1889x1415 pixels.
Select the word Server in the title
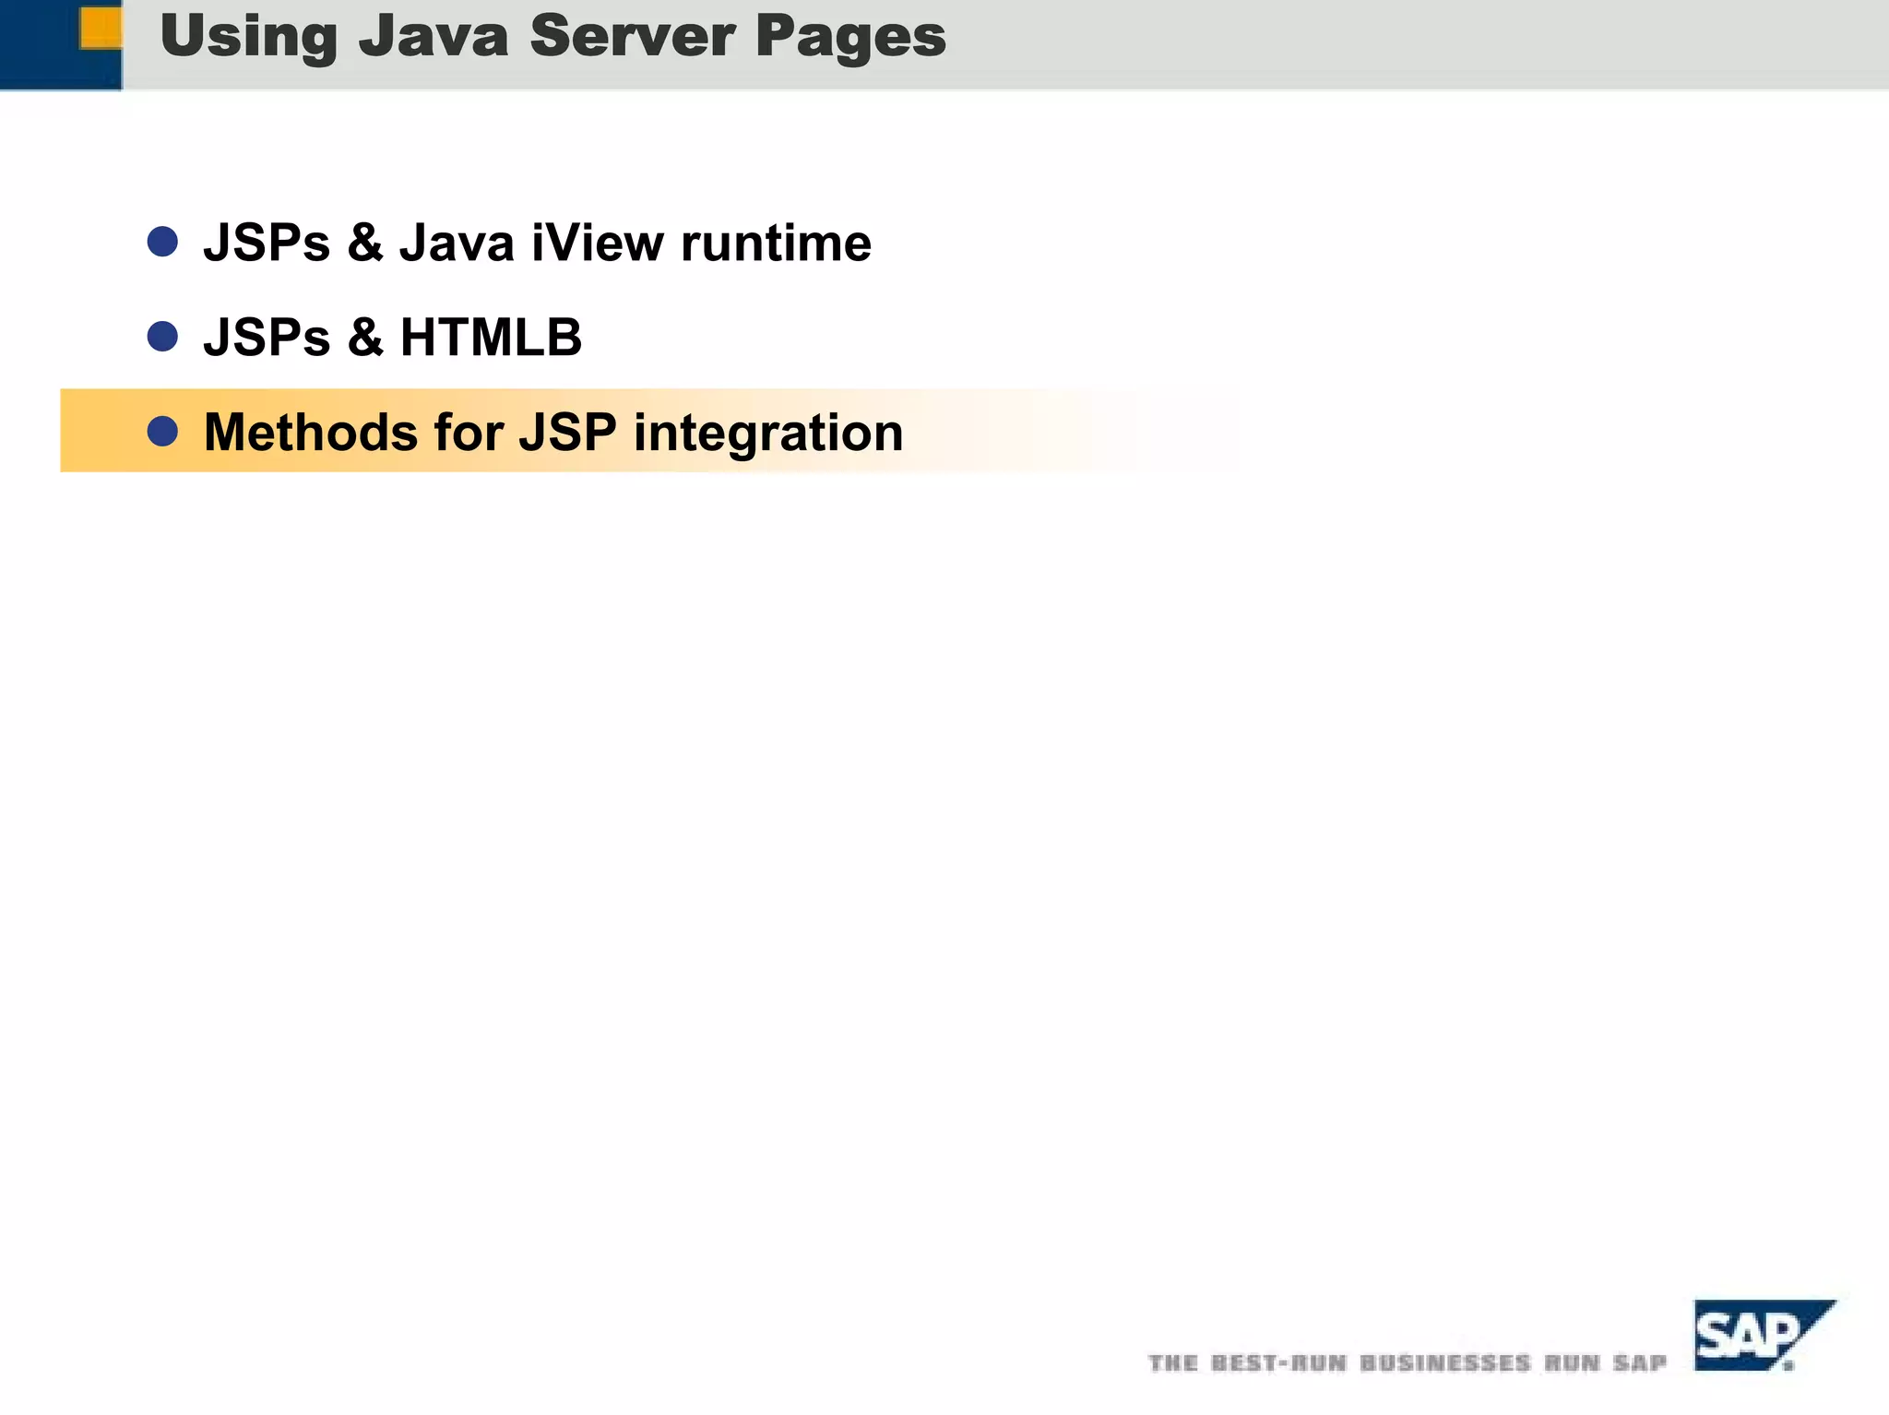[632, 37]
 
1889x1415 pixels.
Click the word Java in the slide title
[434, 37]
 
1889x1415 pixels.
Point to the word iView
[597, 243]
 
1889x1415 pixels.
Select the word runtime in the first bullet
[776, 243]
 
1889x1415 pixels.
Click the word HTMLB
[491, 338]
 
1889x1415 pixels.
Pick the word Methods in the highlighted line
[311, 432]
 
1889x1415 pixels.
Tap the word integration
[768, 434]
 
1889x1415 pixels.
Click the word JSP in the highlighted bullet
[567, 432]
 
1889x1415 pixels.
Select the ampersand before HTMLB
[365, 338]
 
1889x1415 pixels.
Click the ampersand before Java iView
[365, 243]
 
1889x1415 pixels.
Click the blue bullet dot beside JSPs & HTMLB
[162, 337]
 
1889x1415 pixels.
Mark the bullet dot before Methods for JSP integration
[162, 431]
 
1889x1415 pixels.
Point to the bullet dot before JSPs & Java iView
[162, 242]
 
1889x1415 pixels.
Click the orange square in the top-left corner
[101, 28]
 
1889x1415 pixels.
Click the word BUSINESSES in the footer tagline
[1445, 1363]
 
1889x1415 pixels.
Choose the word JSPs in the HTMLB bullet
[267, 338]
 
